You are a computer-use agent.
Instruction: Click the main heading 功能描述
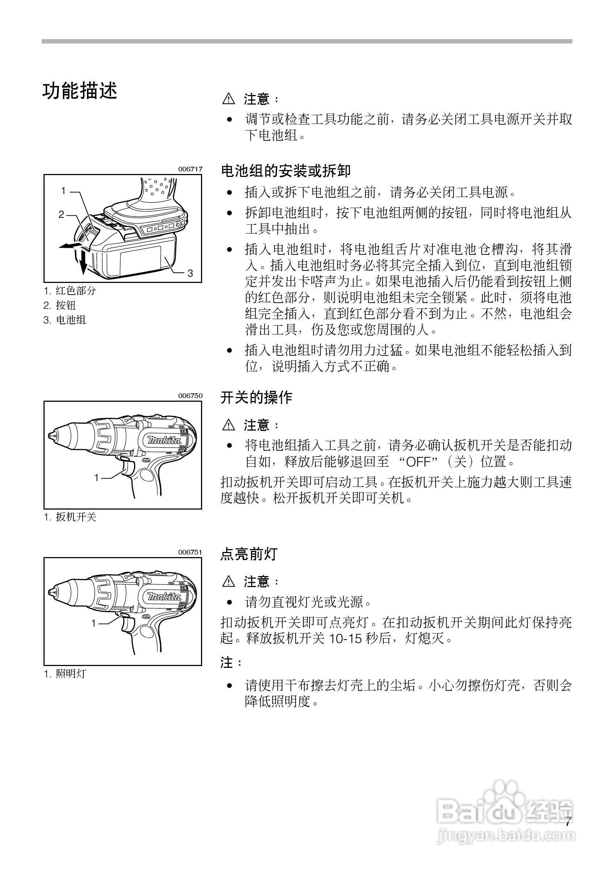tap(80, 91)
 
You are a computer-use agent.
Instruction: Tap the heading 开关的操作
tap(257, 397)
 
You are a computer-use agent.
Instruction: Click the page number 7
tap(568, 822)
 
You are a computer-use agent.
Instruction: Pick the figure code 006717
tap(190, 169)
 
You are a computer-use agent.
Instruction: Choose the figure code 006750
tap(190, 396)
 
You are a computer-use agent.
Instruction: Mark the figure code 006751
tap(190, 552)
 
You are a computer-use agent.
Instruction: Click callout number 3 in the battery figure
tap(190, 273)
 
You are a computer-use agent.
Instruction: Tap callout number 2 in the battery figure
tap(61, 215)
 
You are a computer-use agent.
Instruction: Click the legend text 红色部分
tap(76, 291)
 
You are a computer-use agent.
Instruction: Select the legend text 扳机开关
tap(76, 517)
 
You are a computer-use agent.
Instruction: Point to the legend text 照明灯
tap(71, 674)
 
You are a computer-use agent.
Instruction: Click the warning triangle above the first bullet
tap(228, 99)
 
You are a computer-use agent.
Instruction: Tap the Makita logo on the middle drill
tap(164, 440)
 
